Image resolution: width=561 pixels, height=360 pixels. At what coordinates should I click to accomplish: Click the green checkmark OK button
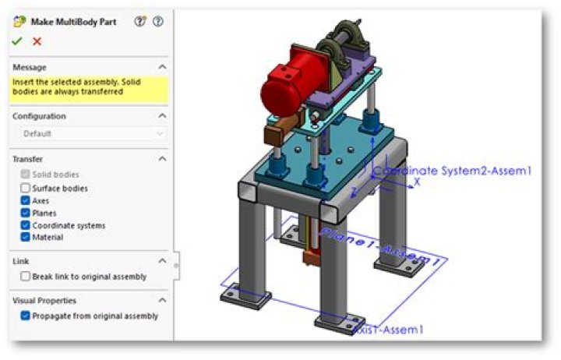click(17, 41)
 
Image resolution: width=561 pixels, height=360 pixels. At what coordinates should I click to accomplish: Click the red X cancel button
click(37, 41)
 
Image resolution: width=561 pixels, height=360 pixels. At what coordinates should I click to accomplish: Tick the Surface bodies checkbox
click(26, 188)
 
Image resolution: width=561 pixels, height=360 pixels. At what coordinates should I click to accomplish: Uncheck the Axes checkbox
click(26, 200)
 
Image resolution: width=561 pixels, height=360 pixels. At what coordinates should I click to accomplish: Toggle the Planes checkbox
click(26, 213)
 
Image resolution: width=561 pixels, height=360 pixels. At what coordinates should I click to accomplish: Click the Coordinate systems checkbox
click(26, 225)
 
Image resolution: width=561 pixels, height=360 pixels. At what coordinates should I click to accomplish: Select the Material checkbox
click(26, 237)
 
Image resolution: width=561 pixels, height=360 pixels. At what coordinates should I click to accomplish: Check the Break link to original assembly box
click(26, 276)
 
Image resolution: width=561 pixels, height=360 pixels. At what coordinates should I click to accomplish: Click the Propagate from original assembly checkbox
click(26, 316)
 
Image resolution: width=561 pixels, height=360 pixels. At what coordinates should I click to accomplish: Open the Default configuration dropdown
click(89, 133)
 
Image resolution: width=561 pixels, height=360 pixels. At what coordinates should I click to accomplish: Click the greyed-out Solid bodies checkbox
click(26, 175)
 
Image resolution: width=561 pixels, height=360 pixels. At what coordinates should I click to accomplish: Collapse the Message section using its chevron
click(161, 68)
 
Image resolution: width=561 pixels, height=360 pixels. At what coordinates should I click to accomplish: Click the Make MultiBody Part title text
click(73, 22)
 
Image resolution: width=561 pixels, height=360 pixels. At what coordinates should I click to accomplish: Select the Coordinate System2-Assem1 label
click(453, 171)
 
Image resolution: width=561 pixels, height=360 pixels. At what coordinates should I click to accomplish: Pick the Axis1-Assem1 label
click(389, 330)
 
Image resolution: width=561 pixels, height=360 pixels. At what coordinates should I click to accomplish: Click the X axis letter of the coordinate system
click(417, 181)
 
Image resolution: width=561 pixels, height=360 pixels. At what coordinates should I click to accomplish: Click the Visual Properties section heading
click(44, 300)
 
